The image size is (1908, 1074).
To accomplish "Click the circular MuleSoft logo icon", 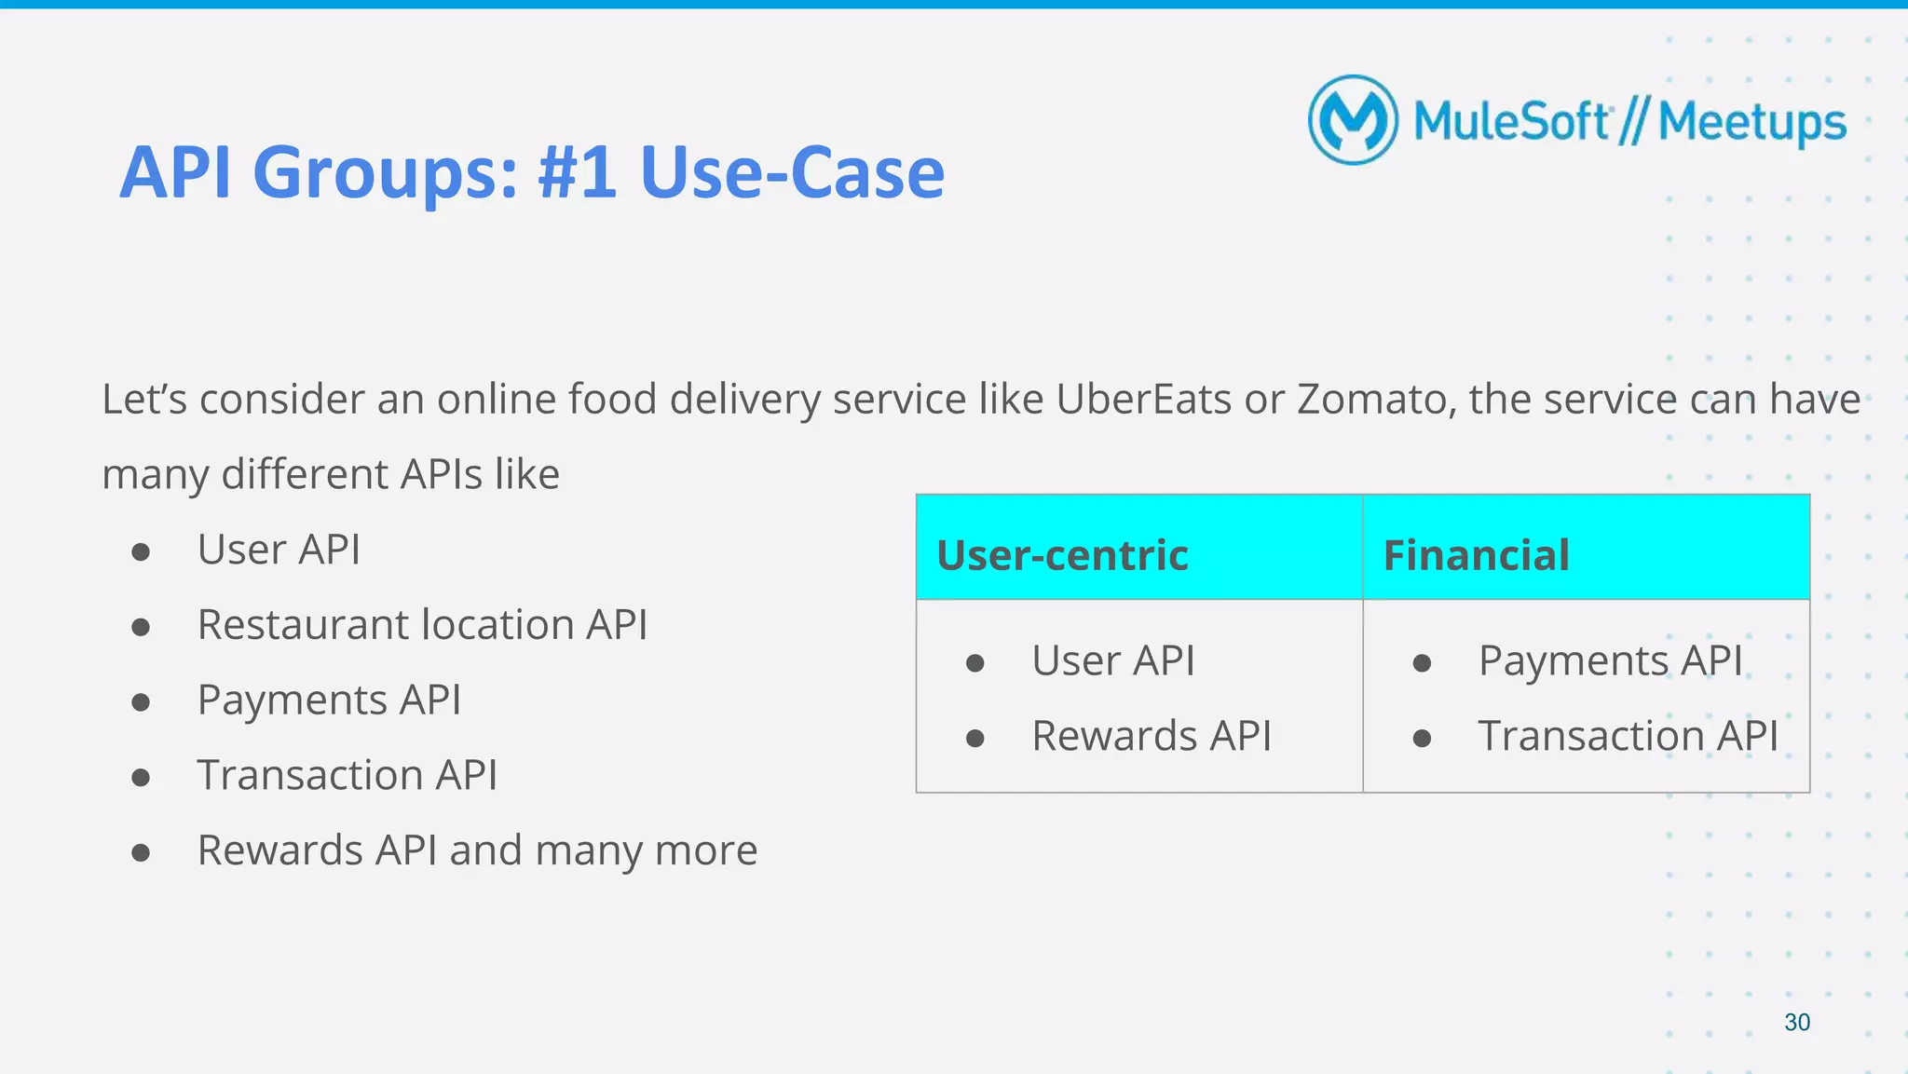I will [1353, 120].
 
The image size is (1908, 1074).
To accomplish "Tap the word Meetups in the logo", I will [1751, 123].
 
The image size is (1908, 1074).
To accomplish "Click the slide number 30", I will [1796, 1022].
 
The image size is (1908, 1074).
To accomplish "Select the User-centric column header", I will [1062, 555].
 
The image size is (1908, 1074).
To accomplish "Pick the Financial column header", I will [1476, 555].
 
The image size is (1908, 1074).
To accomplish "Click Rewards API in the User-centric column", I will [1151, 736].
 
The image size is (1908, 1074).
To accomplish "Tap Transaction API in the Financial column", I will [1628, 736].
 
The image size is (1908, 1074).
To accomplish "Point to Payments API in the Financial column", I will [1610, 661].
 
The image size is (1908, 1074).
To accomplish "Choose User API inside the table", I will [1112, 661].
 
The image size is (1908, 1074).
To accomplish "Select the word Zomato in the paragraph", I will [1376, 400].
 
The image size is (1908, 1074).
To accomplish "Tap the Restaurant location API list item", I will [422, 625].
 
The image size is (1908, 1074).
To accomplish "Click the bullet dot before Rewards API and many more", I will [141, 852].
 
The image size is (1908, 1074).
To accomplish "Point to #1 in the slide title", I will [577, 173].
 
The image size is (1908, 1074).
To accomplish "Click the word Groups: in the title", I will [385, 173].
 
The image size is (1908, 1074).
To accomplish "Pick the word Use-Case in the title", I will [792, 173].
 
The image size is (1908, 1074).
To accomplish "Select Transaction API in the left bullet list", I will [347, 775].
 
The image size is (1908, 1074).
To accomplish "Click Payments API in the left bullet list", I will [329, 700].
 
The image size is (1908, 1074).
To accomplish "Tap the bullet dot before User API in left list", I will [141, 552].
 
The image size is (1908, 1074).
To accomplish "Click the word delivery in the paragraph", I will [744, 400].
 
